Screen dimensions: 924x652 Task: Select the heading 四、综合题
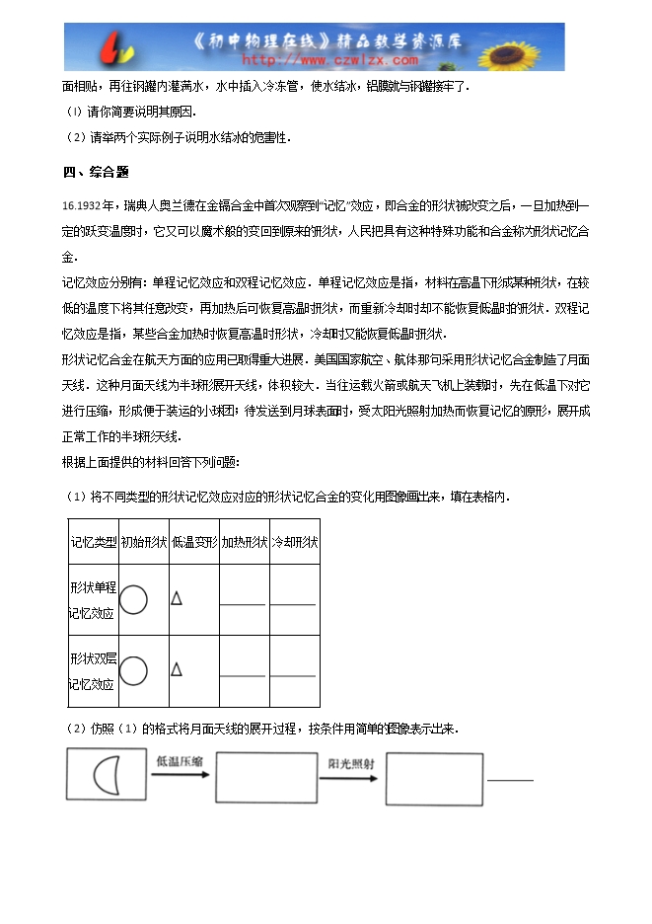[x=96, y=172]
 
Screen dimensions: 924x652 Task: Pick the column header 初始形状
[x=144, y=542]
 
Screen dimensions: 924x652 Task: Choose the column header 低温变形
[x=194, y=542]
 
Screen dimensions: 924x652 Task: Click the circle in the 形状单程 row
[x=133, y=599]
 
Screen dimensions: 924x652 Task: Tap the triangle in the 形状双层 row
[x=177, y=669]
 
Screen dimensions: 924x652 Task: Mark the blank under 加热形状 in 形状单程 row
[x=244, y=602]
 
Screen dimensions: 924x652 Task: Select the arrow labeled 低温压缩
[x=180, y=775]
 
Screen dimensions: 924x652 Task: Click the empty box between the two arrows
[x=265, y=778]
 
